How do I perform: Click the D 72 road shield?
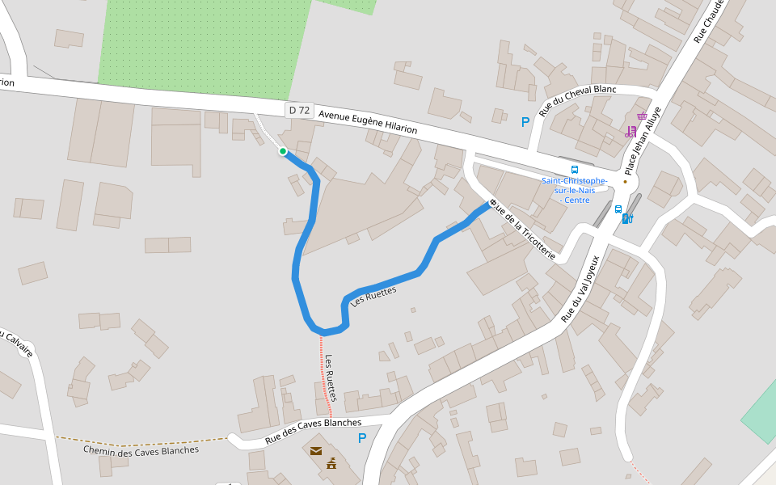click(299, 110)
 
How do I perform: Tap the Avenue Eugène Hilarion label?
click(368, 122)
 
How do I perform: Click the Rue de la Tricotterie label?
click(525, 231)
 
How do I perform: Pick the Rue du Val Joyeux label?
click(580, 289)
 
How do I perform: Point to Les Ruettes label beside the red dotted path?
click(330, 377)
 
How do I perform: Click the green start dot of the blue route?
click(283, 151)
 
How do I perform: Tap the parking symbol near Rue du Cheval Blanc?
click(525, 122)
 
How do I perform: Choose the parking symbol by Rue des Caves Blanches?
click(362, 438)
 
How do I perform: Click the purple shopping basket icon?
click(642, 116)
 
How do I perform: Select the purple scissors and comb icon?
click(630, 131)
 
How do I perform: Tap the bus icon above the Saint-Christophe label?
click(575, 170)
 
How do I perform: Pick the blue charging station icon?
click(627, 218)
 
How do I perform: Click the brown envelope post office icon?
click(316, 450)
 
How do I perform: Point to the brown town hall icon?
click(331, 464)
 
